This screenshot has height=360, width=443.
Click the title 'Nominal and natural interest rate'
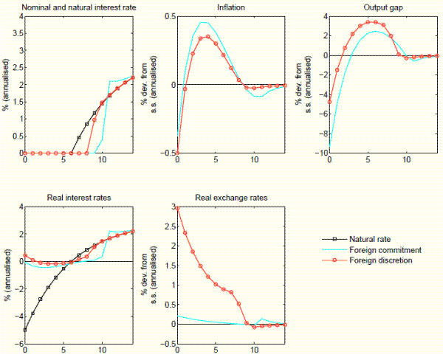click(78, 7)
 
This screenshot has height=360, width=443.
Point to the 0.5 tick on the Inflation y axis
click(169, 16)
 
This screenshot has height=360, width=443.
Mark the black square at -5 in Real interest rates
click(25, 330)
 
